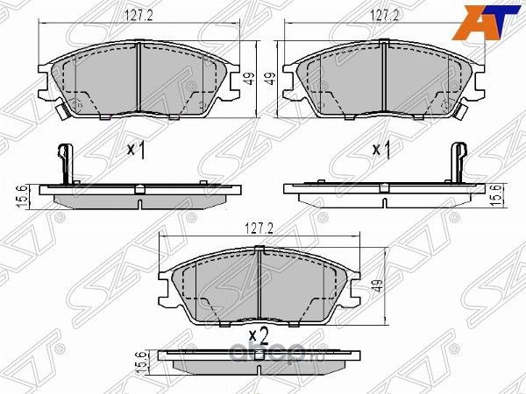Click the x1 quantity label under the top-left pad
tap(136, 151)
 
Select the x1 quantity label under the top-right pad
tap(381, 151)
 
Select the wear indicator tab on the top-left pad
tap(61, 111)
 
